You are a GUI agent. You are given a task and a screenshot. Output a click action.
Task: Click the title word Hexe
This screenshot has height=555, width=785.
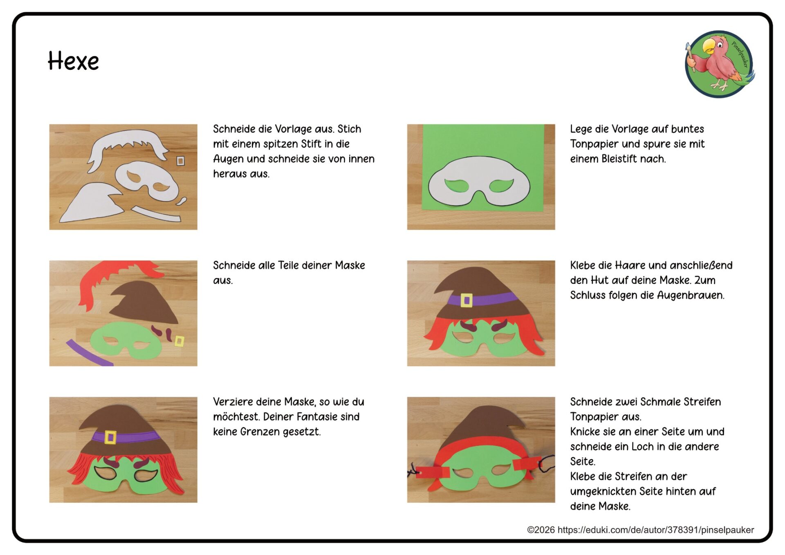pos(73,61)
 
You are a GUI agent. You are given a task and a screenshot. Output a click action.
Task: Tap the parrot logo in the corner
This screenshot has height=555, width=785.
pos(720,64)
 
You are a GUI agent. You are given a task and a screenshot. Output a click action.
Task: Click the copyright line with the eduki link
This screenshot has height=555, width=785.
pos(640,530)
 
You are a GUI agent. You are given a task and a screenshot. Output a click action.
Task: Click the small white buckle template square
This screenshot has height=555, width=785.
pos(180,161)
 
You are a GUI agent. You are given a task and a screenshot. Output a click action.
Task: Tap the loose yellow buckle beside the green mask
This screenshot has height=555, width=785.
pos(179,341)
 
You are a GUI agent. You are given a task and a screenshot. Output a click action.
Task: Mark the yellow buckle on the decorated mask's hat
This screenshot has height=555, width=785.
pos(110,437)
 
